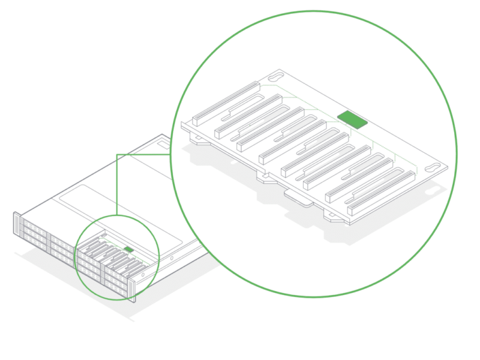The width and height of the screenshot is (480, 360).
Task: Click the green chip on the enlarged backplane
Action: coord(352,119)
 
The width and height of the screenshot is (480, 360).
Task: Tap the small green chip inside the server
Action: coord(128,248)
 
